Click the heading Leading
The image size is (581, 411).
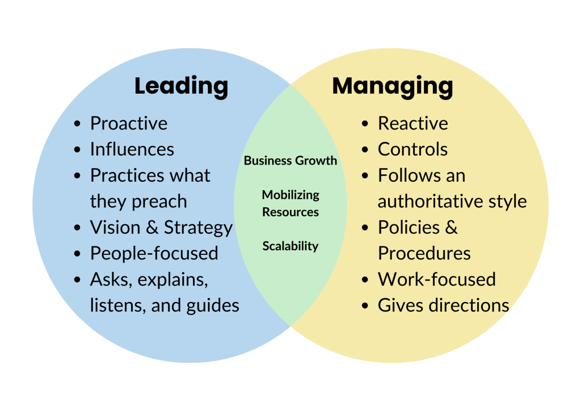click(181, 86)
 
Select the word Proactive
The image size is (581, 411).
click(129, 123)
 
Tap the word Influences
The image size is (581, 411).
click(132, 149)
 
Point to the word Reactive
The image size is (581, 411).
click(413, 123)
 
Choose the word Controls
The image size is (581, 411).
click(413, 149)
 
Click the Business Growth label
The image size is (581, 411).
click(290, 161)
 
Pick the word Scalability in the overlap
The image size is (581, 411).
click(290, 246)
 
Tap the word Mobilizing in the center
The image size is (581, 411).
click(290, 195)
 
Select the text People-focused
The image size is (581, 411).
click(154, 253)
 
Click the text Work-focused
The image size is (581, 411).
click(437, 279)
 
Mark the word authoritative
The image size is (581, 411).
click(432, 202)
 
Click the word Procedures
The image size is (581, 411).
click(424, 253)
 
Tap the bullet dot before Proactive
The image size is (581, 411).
click(78, 124)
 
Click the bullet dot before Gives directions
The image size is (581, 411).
click(366, 306)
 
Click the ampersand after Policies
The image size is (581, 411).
click(451, 228)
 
